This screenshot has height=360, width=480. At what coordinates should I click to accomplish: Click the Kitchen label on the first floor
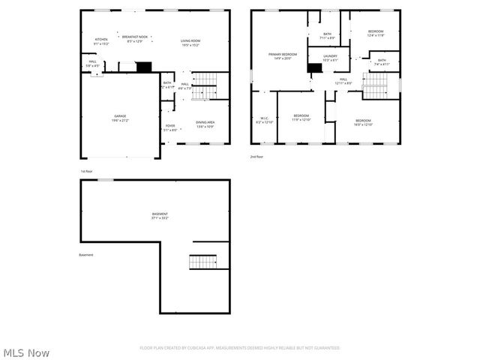tap(101, 41)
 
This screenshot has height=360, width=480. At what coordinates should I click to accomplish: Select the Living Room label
tap(190, 42)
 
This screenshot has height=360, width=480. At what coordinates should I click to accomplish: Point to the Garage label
tap(120, 118)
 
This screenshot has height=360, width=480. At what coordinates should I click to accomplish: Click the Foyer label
tap(170, 127)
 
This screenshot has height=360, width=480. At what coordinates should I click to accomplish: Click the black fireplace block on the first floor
tap(144, 67)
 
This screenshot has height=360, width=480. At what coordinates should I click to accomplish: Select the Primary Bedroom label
tap(283, 56)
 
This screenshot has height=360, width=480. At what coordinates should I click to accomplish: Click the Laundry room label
tap(330, 58)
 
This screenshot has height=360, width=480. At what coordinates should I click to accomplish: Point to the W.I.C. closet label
tap(265, 119)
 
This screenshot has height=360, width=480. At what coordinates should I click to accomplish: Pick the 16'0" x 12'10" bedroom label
tap(363, 122)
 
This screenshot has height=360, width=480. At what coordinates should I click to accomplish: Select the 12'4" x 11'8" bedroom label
tap(375, 33)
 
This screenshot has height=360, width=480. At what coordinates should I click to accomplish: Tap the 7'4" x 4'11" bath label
tap(382, 62)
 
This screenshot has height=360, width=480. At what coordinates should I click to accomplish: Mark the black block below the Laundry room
tap(315, 68)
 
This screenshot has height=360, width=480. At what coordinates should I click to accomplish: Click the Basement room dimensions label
tap(160, 218)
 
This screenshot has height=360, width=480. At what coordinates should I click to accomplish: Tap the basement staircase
tap(202, 262)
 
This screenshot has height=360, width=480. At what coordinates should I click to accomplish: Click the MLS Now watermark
tap(26, 352)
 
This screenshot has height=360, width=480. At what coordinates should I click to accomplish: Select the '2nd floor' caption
tap(257, 157)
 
